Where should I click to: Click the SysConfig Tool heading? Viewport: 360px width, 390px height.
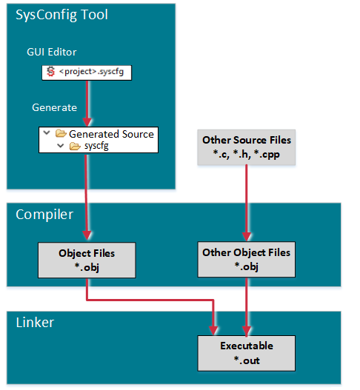[x=62, y=16]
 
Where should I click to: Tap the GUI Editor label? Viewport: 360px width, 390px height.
[x=52, y=52]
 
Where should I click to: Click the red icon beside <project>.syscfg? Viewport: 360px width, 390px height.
[x=50, y=72]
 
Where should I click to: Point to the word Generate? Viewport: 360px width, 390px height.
[x=54, y=107]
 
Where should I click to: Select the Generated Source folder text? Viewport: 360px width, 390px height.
[x=111, y=134]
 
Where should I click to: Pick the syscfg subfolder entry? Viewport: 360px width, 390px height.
[x=97, y=146]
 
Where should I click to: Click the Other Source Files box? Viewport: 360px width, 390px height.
[x=246, y=146]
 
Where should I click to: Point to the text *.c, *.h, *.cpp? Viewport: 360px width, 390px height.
[x=246, y=153]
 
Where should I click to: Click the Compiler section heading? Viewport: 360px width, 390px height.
[x=44, y=215]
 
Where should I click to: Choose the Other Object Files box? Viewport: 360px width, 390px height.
[x=246, y=259]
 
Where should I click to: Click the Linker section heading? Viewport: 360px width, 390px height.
[x=36, y=323]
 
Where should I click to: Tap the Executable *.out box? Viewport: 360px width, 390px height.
[x=246, y=352]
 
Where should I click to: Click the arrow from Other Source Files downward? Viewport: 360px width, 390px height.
[x=246, y=200]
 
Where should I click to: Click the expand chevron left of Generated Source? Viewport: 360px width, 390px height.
[x=48, y=134]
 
